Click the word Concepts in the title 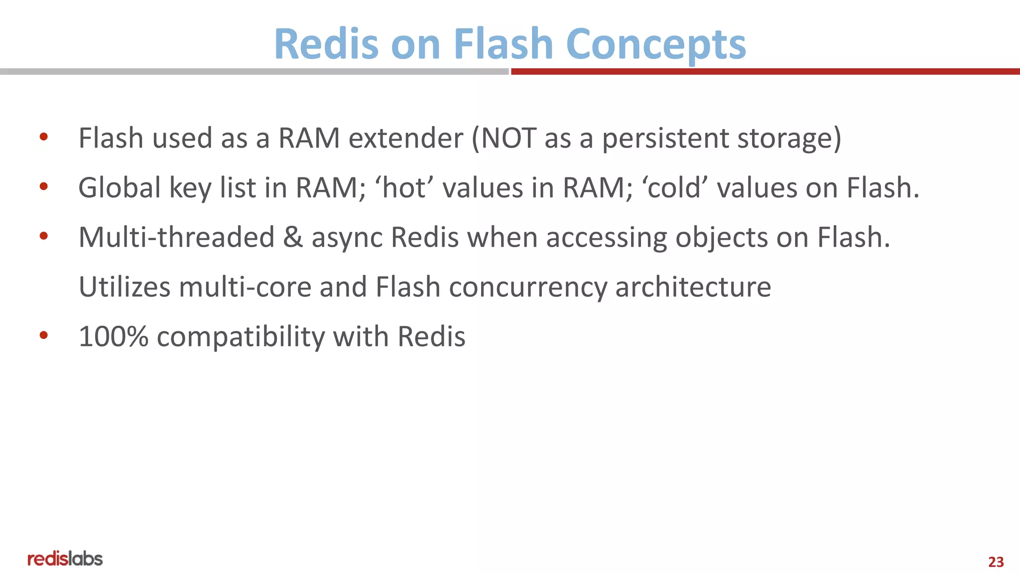pyautogui.click(x=656, y=44)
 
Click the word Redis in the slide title pyautogui.click(x=326, y=44)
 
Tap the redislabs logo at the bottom pyautogui.click(x=65, y=559)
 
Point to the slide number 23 pyautogui.click(x=996, y=562)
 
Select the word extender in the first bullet pyautogui.click(x=406, y=138)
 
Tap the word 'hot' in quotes pyautogui.click(x=404, y=188)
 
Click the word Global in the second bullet pyautogui.click(x=120, y=188)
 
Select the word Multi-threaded pyautogui.click(x=176, y=237)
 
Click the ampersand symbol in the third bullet pyautogui.click(x=293, y=237)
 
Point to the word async pyautogui.click(x=347, y=238)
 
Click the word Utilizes pyautogui.click(x=125, y=287)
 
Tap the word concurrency pyautogui.click(x=527, y=288)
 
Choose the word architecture pyautogui.click(x=693, y=287)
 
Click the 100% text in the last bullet pyautogui.click(x=114, y=337)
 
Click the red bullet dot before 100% pyautogui.click(x=44, y=335)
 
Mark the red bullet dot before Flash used pyautogui.click(x=44, y=137)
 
